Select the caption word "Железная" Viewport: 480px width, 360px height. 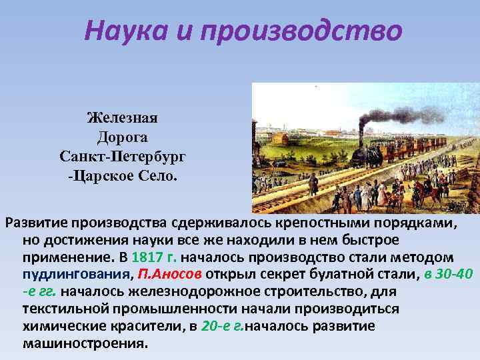pos(122,119)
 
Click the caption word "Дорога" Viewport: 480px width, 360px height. pos(122,137)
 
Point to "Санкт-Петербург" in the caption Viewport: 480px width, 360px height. pos(122,157)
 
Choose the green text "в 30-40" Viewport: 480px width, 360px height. pos(446,275)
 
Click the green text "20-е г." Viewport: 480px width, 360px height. pos(221,327)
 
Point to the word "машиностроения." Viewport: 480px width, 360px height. pos(83,344)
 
